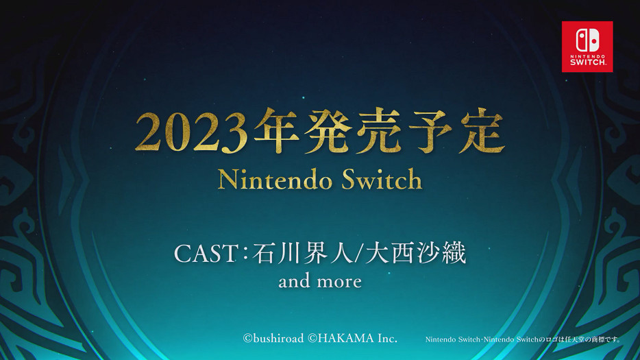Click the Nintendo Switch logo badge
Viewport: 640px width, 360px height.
coord(587,47)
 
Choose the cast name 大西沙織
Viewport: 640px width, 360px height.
coord(415,254)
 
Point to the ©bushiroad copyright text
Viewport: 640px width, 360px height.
coord(273,338)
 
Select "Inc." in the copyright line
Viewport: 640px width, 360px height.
coord(386,338)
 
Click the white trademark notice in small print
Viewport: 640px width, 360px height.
coord(523,339)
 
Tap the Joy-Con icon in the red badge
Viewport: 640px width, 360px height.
coord(587,40)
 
